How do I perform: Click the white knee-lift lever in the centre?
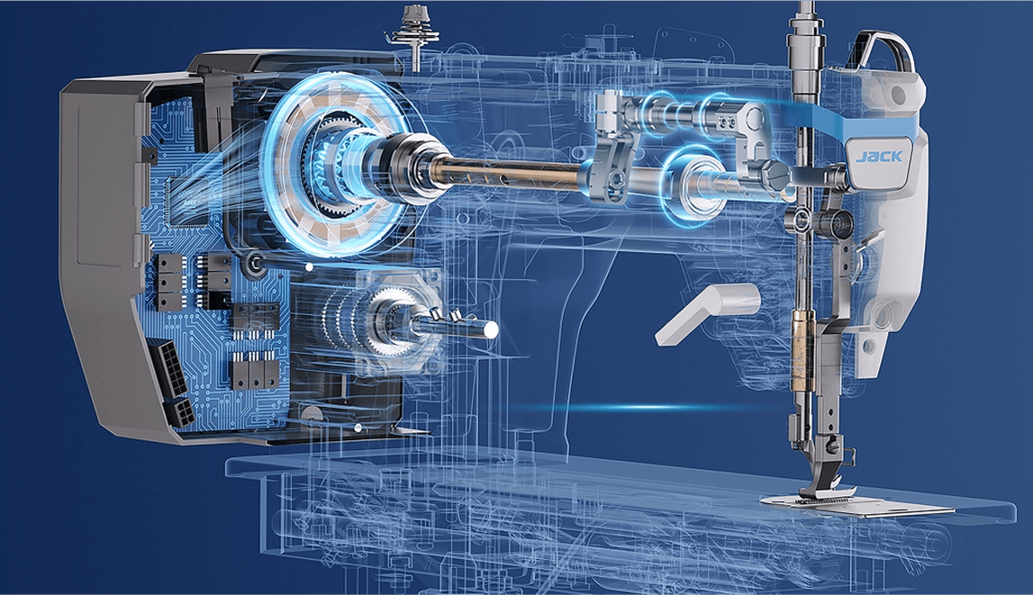point(707,313)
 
